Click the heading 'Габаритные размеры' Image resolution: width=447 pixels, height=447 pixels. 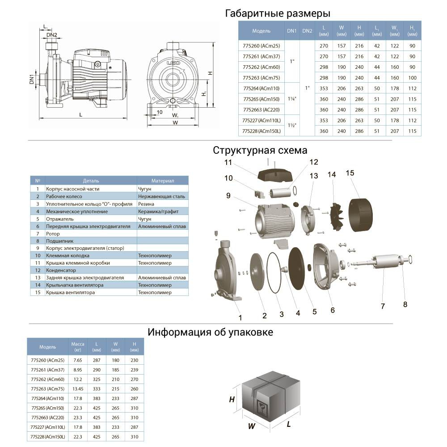pos(278,13)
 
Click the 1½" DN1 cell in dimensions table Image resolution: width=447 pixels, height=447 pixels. pos(291,125)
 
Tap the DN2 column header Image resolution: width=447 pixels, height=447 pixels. pos(307,31)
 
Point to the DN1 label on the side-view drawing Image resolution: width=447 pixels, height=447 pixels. pos(32,79)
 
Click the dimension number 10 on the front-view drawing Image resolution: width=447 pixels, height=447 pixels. pos(160,112)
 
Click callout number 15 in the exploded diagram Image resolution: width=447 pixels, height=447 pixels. pos(350,172)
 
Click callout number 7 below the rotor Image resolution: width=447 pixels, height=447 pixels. pos(383,307)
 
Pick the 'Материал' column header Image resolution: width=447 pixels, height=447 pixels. pos(162,181)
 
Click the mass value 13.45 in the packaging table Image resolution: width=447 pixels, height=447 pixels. pos(78,388)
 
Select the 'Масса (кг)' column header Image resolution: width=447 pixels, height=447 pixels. pos(78,346)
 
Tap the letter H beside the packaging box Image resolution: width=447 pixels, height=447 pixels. pos(232,400)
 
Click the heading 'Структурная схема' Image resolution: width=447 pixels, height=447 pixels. pos(260,150)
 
